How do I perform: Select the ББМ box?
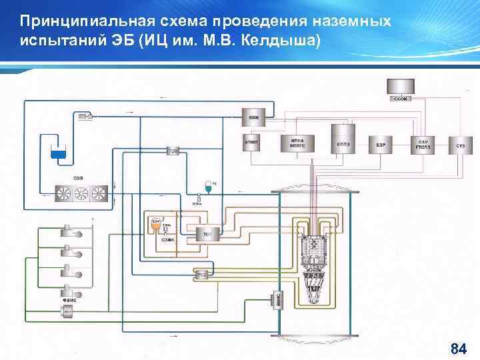pos(254,117)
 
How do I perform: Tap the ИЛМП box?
pos(252,143)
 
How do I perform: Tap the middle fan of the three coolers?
pos(81,193)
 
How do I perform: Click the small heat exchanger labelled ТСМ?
pos(173,151)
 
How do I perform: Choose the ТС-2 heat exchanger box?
pos(201,274)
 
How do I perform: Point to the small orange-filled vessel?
pos(155,225)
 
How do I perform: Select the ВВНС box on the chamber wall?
pos(279,301)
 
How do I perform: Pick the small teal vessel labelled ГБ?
pos(209,186)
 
